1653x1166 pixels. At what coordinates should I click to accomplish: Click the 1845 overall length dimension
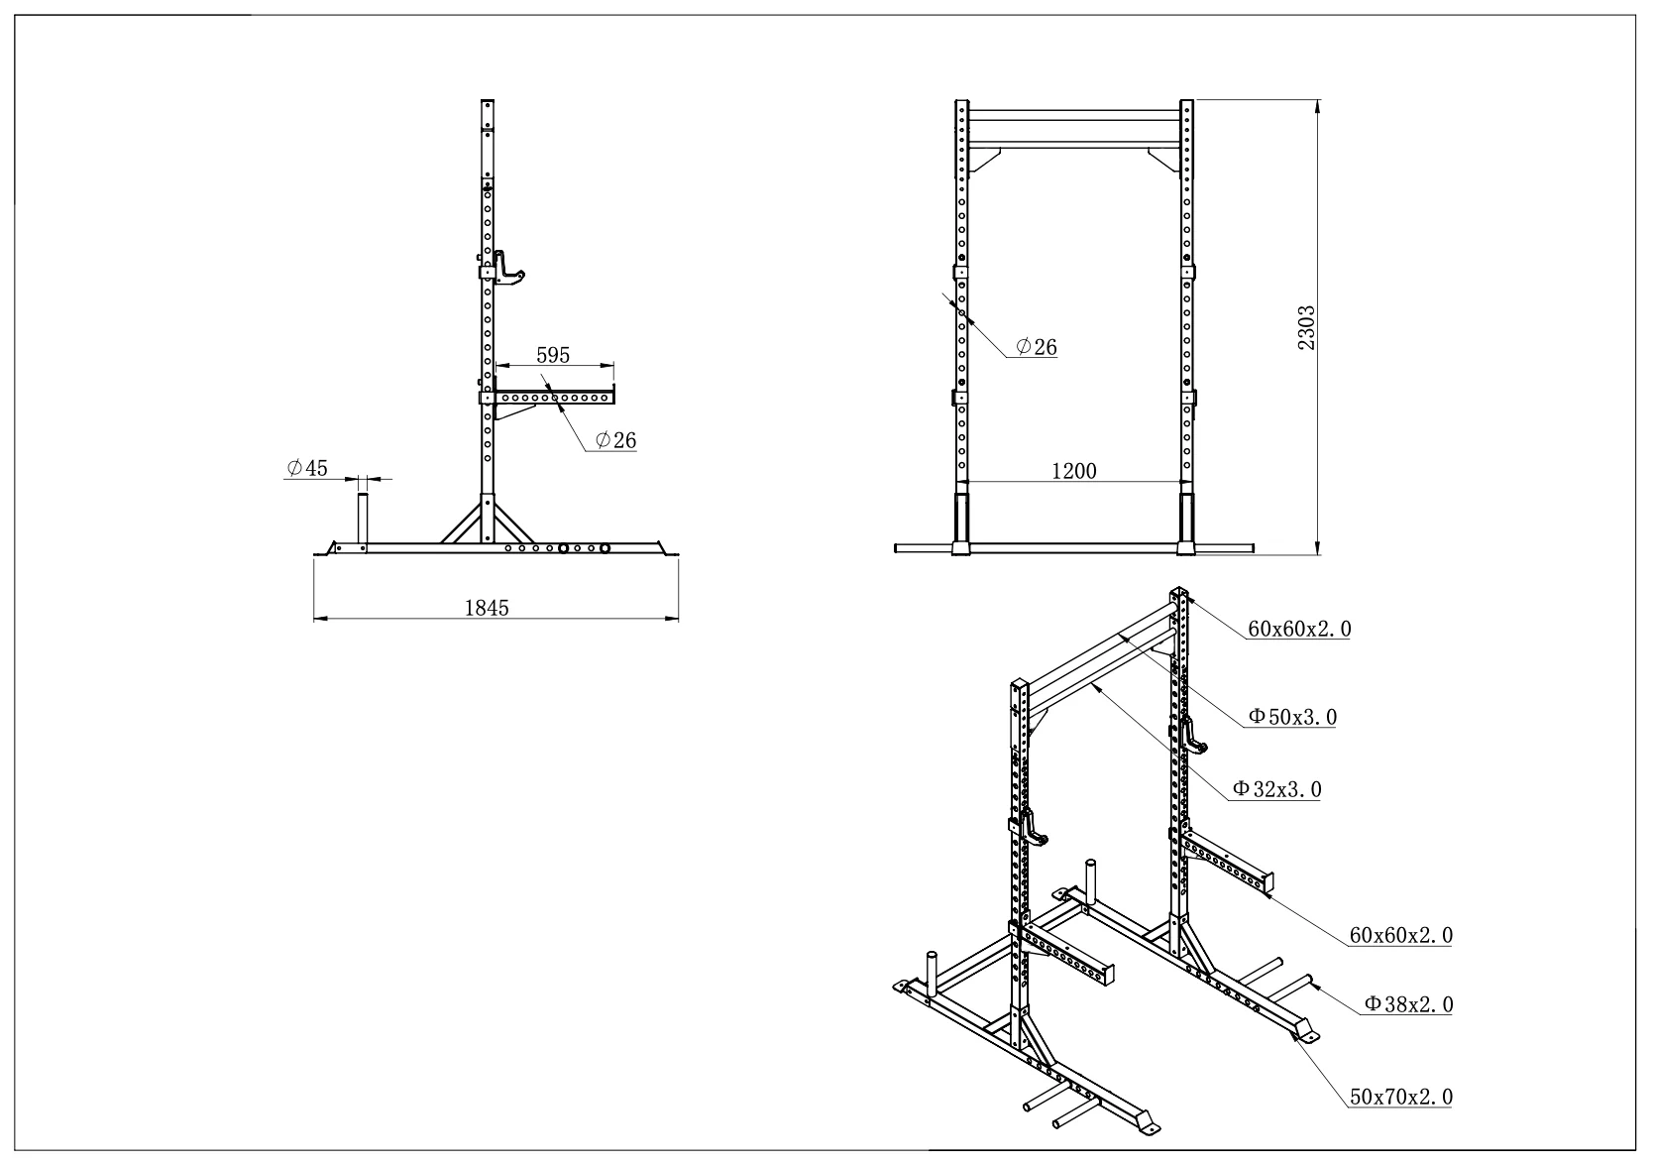coord(487,608)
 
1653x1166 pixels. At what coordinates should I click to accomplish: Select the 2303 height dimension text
coord(1307,327)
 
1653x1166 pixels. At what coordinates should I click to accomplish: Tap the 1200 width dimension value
coord(1073,471)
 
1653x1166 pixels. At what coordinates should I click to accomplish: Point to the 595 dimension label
coord(553,355)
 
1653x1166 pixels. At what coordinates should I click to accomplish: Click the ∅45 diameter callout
coord(307,468)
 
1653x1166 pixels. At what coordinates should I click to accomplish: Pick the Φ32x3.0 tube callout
coord(1276,789)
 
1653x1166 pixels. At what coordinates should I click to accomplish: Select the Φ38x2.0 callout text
coord(1408,1004)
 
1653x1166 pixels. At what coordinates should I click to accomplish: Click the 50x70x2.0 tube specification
coord(1401,1097)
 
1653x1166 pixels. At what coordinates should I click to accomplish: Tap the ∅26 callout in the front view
coord(1036,347)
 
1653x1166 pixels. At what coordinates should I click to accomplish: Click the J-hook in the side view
coord(509,269)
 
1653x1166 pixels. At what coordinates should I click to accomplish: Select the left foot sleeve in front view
coord(961,523)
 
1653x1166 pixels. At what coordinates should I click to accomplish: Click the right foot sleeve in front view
coord(1186,523)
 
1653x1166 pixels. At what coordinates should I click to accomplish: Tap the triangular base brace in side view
coord(487,521)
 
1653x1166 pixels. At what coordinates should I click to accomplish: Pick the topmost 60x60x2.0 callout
coord(1299,628)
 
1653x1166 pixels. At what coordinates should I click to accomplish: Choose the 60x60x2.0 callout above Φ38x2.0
coord(1401,934)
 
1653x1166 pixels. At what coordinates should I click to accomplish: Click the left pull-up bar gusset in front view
coord(984,157)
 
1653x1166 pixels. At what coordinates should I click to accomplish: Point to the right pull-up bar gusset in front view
coord(1163,157)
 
